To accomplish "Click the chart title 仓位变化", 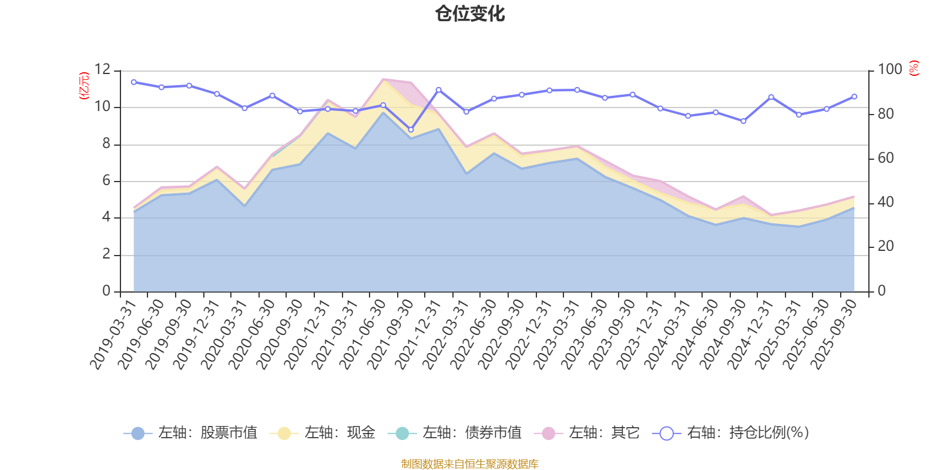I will point(470,14).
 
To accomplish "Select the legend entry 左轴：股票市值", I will point(191,433).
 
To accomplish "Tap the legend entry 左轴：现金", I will point(323,433).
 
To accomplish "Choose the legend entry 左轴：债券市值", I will point(455,433).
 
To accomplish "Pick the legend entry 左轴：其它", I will point(587,433).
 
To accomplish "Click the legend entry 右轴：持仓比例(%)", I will point(731,433).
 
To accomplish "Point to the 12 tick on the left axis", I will point(102,70).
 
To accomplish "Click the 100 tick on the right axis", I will point(889,70).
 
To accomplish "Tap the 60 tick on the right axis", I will point(886,158).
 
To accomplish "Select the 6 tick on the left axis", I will point(106,180).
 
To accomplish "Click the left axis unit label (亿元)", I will point(84,86).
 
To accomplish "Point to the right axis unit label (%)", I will point(914,68).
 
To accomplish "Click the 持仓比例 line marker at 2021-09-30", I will point(411,130).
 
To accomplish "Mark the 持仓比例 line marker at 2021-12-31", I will point(438,89).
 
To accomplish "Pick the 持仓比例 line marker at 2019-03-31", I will point(133,82).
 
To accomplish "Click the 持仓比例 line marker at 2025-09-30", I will point(854,96).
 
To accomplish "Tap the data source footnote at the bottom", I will point(470,464).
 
